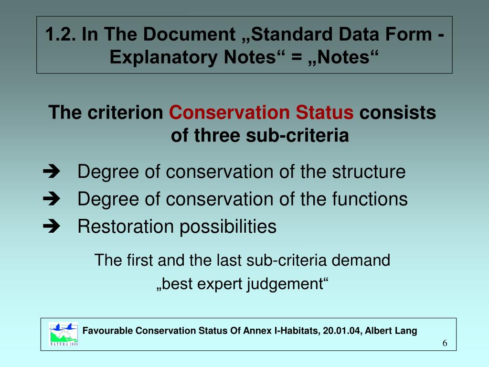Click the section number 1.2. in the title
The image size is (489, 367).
pyautogui.click(x=61, y=34)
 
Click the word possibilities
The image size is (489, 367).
pyautogui.click(x=228, y=226)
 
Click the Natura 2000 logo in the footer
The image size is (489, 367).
pyautogui.click(x=64, y=334)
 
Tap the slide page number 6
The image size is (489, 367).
pyautogui.click(x=445, y=344)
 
